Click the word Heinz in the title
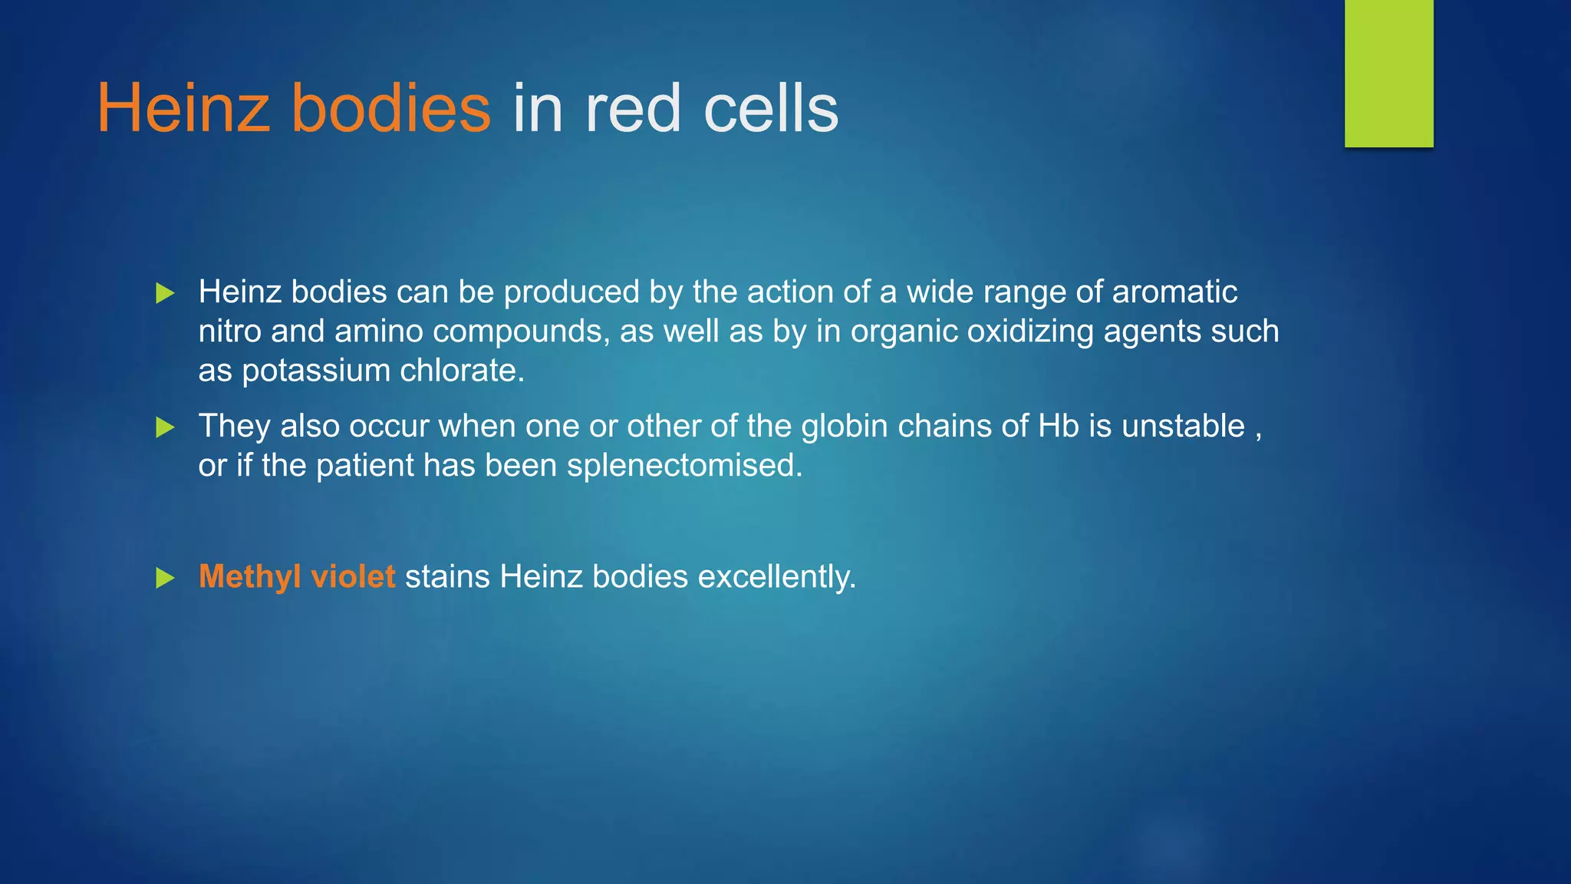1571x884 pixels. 183,109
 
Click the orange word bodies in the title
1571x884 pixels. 390,109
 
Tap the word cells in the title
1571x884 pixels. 771,109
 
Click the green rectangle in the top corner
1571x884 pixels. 1388,73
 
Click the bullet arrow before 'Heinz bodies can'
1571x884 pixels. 165,293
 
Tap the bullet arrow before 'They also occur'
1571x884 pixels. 165,427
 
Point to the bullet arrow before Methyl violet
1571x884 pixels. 165,578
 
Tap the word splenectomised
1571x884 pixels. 684,466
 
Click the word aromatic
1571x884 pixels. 1174,292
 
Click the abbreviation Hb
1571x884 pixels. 1059,427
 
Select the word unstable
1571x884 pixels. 1183,427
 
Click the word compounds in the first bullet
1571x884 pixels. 521,332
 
